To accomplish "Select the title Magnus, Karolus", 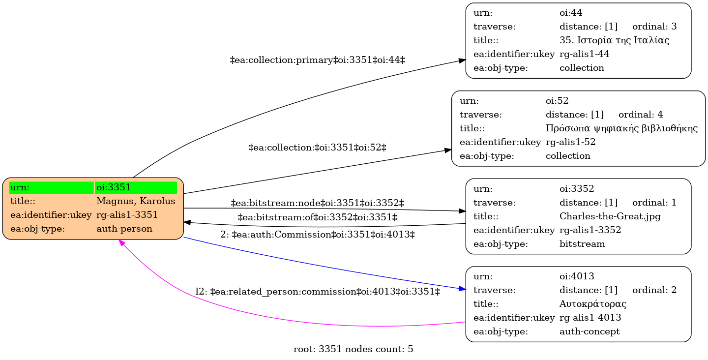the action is coord(136,201).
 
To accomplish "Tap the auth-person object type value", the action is coord(124,229).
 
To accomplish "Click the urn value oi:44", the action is coord(571,13).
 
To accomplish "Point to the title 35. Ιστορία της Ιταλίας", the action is coord(614,40).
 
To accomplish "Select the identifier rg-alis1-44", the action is coord(585,54).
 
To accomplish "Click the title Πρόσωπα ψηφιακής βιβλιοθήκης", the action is coord(621,128).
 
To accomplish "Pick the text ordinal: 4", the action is coord(641,115).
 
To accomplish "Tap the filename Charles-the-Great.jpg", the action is coord(610,216).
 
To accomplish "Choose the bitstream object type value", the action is coord(582,243).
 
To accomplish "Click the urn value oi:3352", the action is coord(577,189).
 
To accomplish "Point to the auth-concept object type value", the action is coord(590,331).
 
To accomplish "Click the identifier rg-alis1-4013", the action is coord(590,318).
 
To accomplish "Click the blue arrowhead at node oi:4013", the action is coord(462,289).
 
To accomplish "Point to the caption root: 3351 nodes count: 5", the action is coord(354,349).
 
